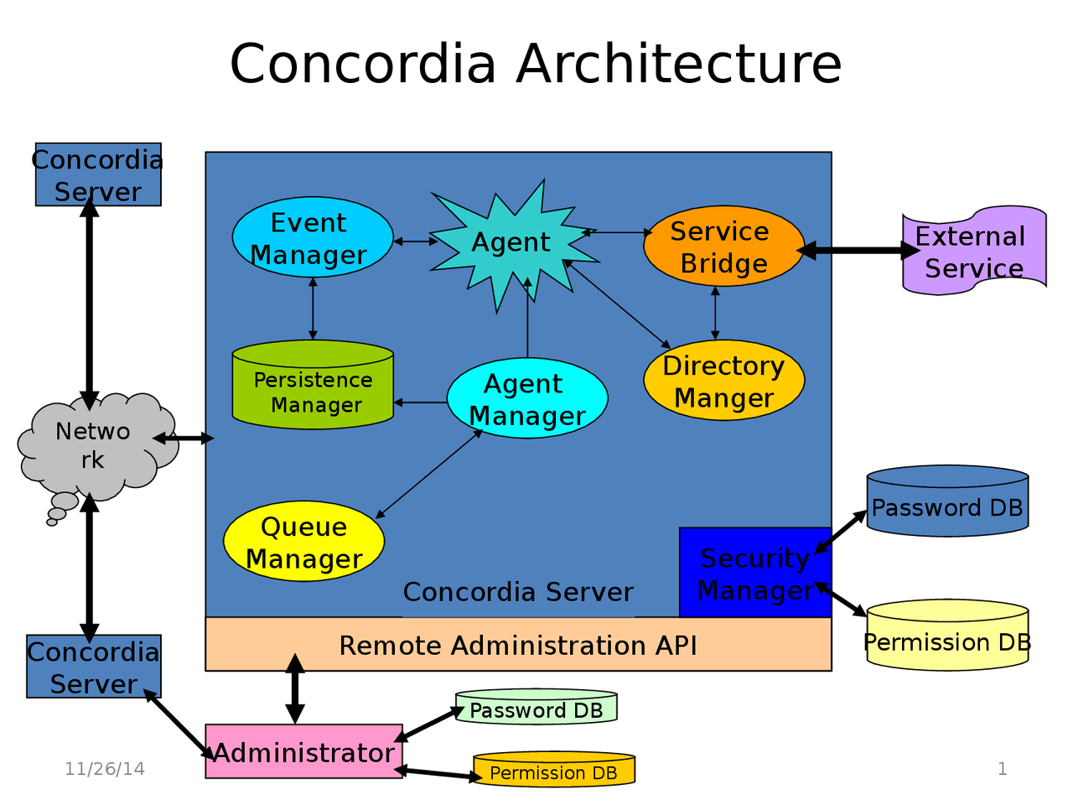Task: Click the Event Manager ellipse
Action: click(x=312, y=238)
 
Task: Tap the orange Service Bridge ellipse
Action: click(x=723, y=247)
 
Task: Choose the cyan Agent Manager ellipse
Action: click(x=526, y=399)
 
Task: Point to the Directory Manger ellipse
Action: click(x=723, y=381)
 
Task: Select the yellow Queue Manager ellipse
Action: click(x=303, y=542)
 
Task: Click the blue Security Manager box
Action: click(x=754, y=574)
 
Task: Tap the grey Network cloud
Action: click(x=94, y=444)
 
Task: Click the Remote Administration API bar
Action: click(x=518, y=645)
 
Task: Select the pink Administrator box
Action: click(x=303, y=752)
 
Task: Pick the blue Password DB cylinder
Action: click(x=947, y=503)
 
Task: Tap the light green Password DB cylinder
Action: click(x=536, y=709)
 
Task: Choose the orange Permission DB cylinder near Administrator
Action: click(x=553, y=770)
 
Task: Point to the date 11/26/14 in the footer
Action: click(x=105, y=769)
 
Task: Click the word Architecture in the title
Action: click(x=679, y=64)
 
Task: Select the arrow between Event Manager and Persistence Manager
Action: click(x=313, y=309)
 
